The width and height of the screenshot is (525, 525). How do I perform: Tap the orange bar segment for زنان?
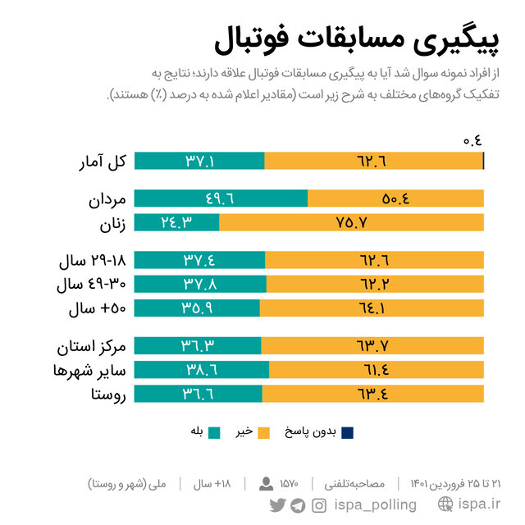point(351,222)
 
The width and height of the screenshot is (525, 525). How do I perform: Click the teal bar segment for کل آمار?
point(199,161)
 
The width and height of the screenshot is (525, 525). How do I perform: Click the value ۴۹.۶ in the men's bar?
point(221,199)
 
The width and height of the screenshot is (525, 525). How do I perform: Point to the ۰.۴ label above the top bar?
point(472,140)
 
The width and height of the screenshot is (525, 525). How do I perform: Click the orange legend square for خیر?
point(263,431)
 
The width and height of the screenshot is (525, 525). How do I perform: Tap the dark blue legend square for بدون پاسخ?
point(348,431)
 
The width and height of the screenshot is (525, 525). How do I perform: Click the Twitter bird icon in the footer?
point(277,504)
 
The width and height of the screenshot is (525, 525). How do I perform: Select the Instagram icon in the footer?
point(318,504)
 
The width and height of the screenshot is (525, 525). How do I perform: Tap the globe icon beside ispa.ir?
point(446,504)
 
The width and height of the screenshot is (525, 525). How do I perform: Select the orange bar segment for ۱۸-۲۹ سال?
point(374,260)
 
